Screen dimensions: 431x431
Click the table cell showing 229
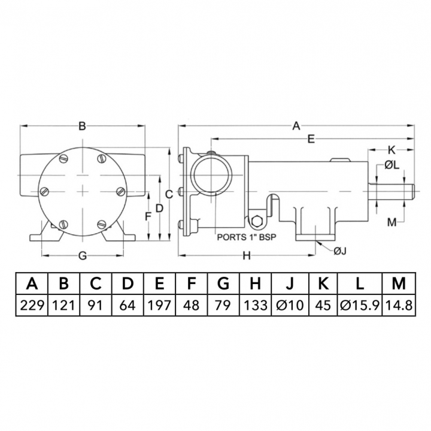click(32, 305)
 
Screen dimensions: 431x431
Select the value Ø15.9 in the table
click(360, 305)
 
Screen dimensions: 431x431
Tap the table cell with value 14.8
click(399, 305)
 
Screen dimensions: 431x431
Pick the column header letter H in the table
click(256, 284)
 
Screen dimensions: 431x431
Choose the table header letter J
click(290, 284)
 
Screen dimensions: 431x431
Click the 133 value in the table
click(256, 305)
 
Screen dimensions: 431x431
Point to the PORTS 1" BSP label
click(246, 237)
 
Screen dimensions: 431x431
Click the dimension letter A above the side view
click(296, 126)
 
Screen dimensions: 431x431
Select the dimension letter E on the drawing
click(311, 139)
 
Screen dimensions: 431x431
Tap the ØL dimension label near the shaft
click(391, 165)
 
